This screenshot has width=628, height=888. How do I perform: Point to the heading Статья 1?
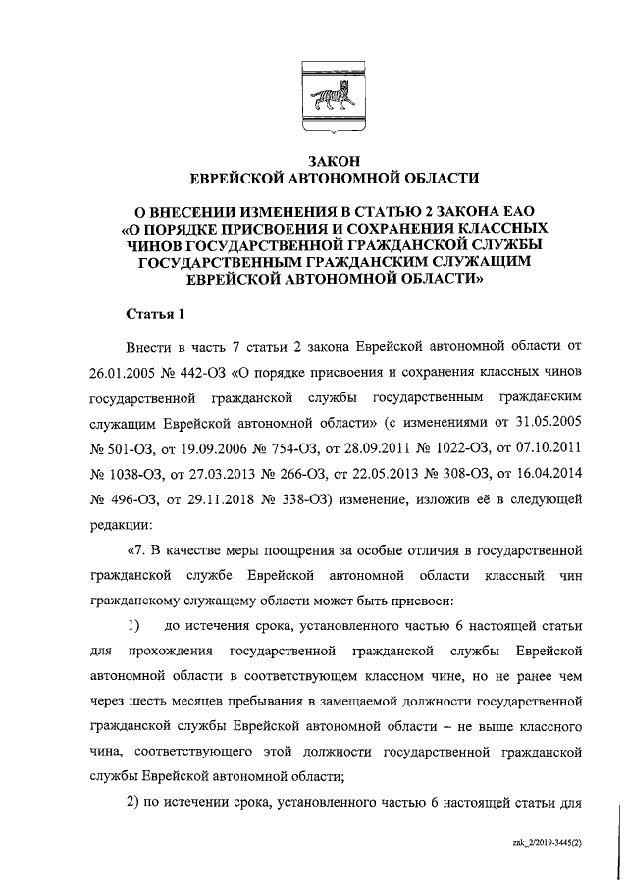156,314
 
